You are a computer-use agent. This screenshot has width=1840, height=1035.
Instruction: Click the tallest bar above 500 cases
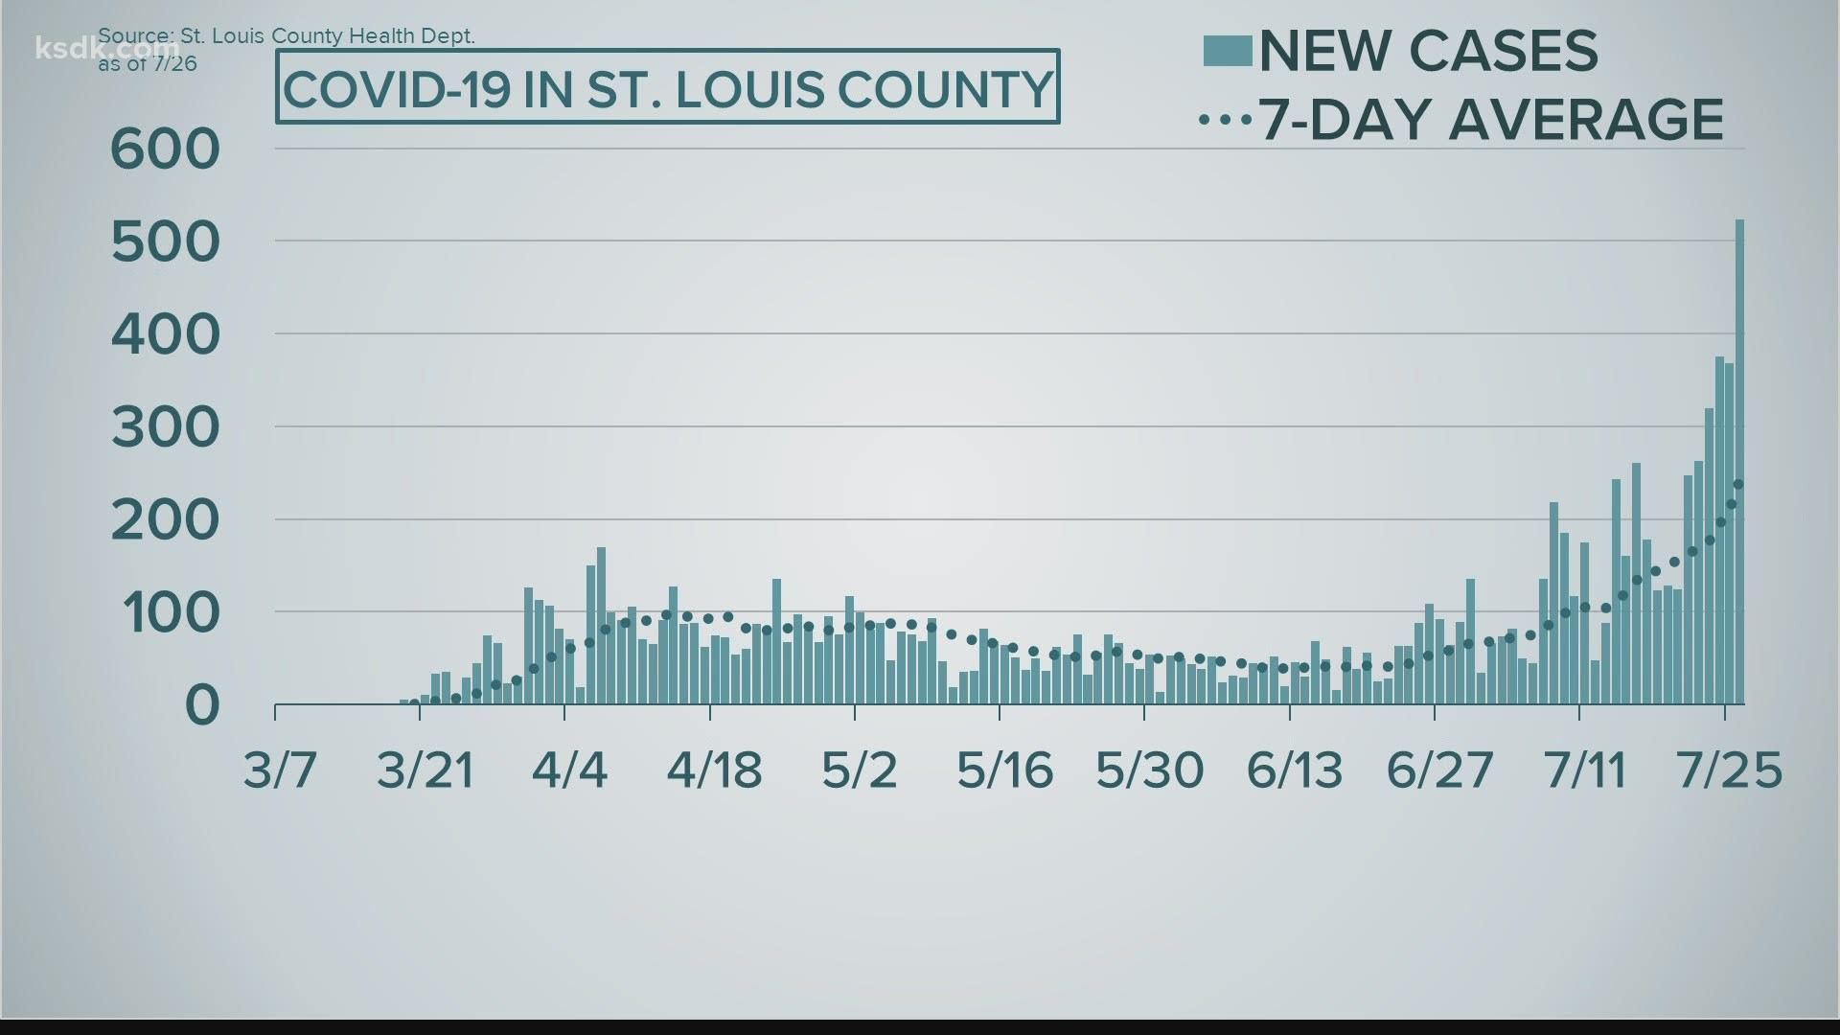pyautogui.click(x=1739, y=460)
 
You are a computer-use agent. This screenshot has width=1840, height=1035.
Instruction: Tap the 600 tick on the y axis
pyautogui.click(x=166, y=149)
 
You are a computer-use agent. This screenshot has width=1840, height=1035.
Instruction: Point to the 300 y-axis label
pyautogui.click(x=166, y=427)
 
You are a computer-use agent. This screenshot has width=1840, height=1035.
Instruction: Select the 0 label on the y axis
pyautogui.click(x=202, y=705)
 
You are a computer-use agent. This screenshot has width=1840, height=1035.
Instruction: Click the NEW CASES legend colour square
pyautogui.click(x=1227, y=51)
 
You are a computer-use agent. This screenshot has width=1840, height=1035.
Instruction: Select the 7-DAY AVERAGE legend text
pyautogui.click(x=1490, y=120)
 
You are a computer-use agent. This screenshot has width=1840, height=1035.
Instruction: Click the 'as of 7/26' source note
pyautogui.click(x=148, y=64)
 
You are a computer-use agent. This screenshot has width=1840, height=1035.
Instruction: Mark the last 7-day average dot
pyautogui.click(x=1738, y=484)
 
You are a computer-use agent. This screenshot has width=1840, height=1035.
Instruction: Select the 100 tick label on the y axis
pyautogui.click(x=166, y=613)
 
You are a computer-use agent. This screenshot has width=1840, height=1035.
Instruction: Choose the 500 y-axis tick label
pyautogui.click(x=166, y=242)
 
